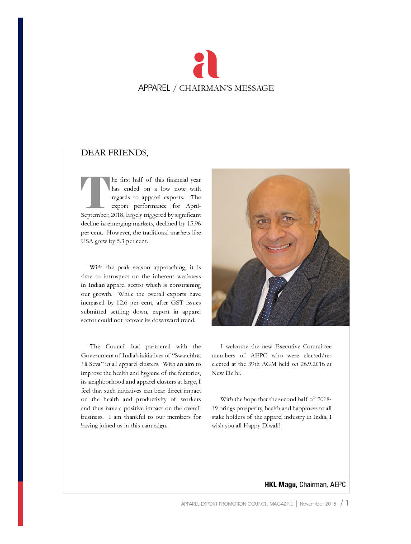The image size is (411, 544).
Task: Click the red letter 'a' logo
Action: point(206,65)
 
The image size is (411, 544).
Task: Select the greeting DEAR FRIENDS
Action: point(114,153)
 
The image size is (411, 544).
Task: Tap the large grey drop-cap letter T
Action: point(94,192)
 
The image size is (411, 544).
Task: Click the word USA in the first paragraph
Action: point(88,241)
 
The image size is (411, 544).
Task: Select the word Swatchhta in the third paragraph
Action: point(183,355)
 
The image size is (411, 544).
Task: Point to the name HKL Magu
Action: point(280,485)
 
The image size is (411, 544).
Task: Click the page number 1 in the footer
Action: point(347,503)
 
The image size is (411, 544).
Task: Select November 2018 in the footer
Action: point(317,504)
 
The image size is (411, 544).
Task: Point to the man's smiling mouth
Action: point(278,247)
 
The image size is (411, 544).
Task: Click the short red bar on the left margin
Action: point(20,503)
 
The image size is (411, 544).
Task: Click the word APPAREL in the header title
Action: point(154,88)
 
